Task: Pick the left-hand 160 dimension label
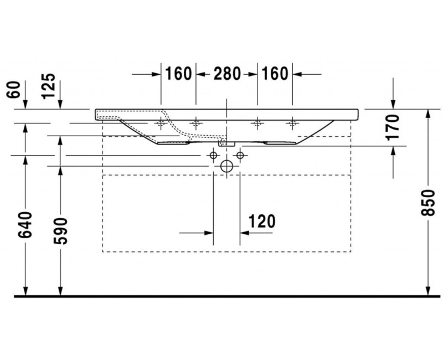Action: tap(178, 74)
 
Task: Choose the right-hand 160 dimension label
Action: tap(275, 74)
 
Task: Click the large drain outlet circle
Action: tap(226, 166)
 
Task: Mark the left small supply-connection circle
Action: tap(213, 156)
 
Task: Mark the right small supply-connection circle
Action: tap(239, 156)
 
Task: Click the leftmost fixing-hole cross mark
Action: tap(161, 124)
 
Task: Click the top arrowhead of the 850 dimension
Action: tap(427, 114)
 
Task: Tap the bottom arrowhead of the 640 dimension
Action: tap(25, 291)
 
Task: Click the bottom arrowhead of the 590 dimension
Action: tap(59, 291)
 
